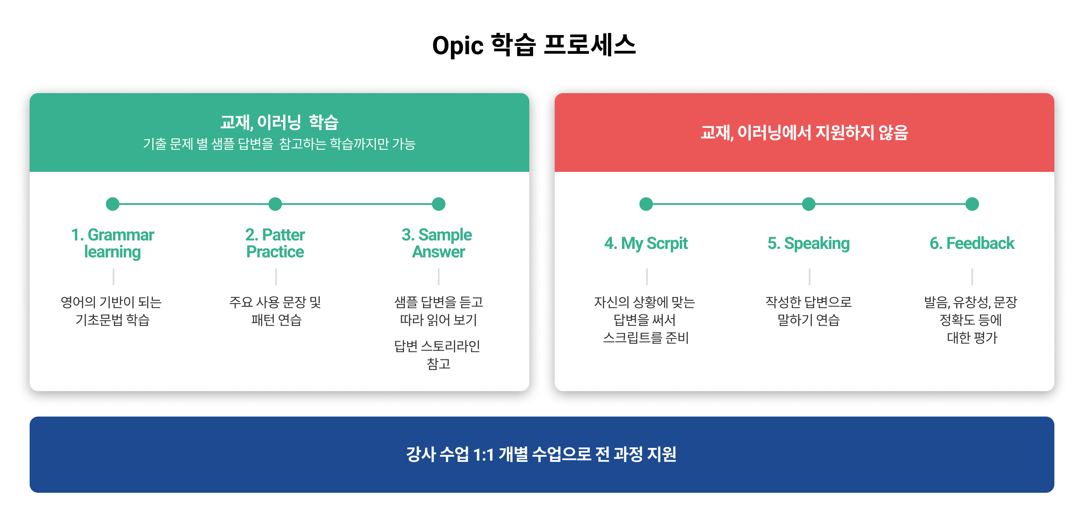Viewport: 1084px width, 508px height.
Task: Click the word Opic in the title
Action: click(x=458, y=46)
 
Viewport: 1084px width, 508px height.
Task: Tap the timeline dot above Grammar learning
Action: click(x=113, y=204)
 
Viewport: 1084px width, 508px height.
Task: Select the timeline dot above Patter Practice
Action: click(x=275, y=204)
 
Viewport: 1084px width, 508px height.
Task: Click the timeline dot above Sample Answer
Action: click(x=439, y=204)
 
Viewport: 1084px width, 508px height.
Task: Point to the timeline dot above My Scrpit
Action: click(x=646, y=204)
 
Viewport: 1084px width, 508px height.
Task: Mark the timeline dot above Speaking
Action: click(x=809, y=204)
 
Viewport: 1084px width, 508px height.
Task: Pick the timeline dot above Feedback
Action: click(x=972, y=204)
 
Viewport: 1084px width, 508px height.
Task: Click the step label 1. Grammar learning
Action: click(x=113, y=243)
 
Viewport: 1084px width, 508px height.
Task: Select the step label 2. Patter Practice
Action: click(x=275, y=243)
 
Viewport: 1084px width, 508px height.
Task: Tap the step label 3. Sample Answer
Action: click(x=437, y=243)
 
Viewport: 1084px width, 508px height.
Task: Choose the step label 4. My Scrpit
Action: click(x=646, y=243)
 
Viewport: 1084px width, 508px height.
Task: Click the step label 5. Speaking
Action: click(x=809, y=243)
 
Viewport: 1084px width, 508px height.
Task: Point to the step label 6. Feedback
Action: click(x=972, y=243)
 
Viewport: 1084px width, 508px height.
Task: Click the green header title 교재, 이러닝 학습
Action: click(x=279, y=122)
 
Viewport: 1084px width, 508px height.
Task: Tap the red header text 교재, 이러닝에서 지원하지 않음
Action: click(x=805, y=133)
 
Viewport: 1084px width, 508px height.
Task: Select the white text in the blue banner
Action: click(x=541, y=454)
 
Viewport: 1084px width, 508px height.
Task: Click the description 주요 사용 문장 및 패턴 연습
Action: click(x=275, y=311)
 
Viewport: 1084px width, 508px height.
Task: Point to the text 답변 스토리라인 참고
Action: click(x=438, y=355)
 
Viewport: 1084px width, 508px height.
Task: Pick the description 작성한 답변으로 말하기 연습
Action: click(x=809, y=311)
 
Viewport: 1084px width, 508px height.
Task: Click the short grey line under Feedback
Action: click(x=972, y=276)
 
